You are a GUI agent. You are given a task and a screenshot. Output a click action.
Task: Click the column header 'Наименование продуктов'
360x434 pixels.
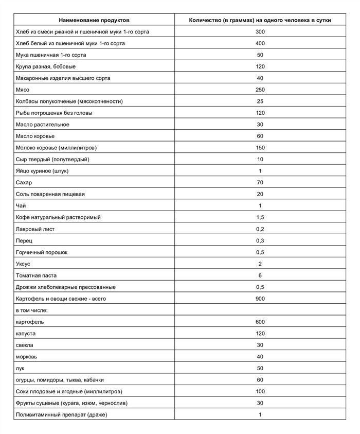94,20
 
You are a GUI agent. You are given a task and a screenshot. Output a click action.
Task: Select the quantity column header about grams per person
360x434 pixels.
260,20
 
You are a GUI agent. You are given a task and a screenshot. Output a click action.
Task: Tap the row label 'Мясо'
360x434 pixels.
24,90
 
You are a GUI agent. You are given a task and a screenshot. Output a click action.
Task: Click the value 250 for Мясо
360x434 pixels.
260,90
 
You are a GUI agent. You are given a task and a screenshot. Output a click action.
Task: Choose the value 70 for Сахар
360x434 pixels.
260,182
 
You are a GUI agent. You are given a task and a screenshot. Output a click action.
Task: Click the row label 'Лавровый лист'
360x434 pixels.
37,229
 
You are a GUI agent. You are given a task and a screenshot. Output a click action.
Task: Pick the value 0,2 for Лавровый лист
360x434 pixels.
260,229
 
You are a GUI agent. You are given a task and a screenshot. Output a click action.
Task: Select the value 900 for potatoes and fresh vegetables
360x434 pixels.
260,299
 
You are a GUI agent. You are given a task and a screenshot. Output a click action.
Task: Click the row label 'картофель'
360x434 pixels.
30,322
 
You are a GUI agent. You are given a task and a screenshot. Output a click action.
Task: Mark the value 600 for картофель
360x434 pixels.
260,322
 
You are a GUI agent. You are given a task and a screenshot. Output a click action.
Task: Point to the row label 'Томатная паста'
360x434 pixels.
38,275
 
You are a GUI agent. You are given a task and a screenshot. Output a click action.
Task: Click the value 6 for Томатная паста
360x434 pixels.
260,275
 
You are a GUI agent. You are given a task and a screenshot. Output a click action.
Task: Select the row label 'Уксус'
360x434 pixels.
24,264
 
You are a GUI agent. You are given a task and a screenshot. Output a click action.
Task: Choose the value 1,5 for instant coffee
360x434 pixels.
260,217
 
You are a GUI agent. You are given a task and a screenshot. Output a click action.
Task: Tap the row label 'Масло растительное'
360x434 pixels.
43,125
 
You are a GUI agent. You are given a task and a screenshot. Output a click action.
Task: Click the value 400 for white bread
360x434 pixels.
260,43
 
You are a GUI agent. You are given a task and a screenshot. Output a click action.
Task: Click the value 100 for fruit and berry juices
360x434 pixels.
260,391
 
